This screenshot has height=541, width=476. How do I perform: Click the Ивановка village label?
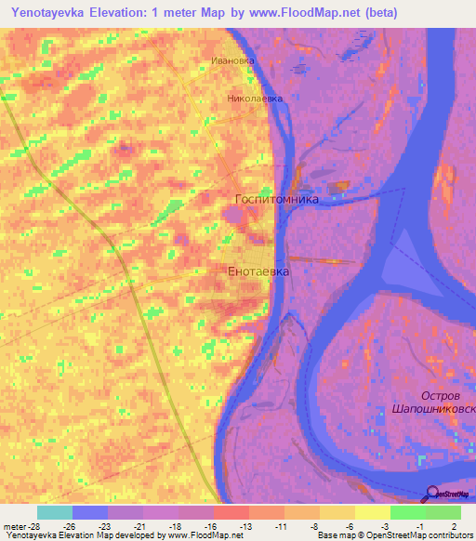coord(232,61)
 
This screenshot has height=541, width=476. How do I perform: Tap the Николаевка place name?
coord(254,97)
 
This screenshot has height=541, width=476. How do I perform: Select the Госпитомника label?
coord(276,199)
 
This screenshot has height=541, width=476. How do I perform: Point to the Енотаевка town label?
coord(258,271)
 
